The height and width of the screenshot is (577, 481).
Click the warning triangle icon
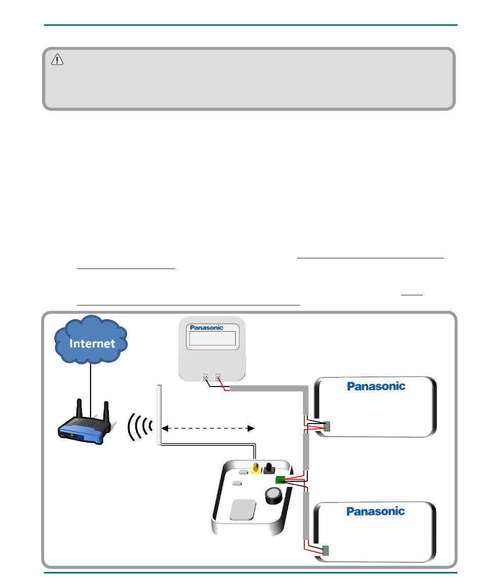tap(57, 60)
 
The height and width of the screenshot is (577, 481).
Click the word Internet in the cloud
tap(92, 343)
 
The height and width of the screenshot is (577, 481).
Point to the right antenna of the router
tap(107, 411)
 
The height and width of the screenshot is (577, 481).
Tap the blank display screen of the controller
tap(213, 341)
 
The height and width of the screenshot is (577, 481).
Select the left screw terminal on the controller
tap(206, 377)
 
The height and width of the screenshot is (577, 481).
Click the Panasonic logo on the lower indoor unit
tap(375, 511)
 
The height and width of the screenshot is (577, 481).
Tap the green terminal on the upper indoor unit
tap(327, 427)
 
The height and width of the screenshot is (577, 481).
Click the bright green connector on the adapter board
tap(279, 480)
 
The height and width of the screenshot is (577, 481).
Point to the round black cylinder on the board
tap(274, 496)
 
